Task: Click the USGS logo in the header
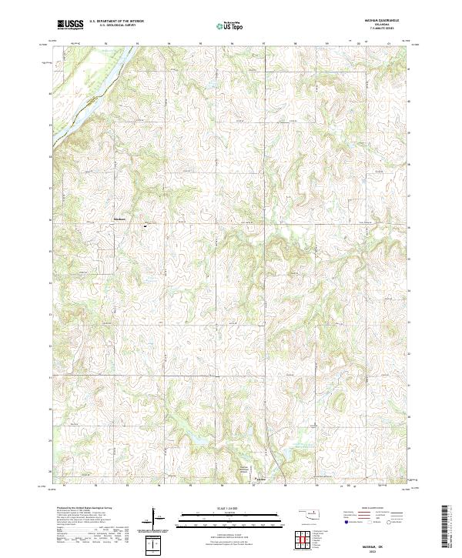coord(71,25)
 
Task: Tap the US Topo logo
coord(230,25)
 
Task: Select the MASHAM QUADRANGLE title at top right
coord(371,20)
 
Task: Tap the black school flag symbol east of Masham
coord(144,226)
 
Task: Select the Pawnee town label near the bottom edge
coord(261,478)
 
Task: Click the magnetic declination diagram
coord(157,543)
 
